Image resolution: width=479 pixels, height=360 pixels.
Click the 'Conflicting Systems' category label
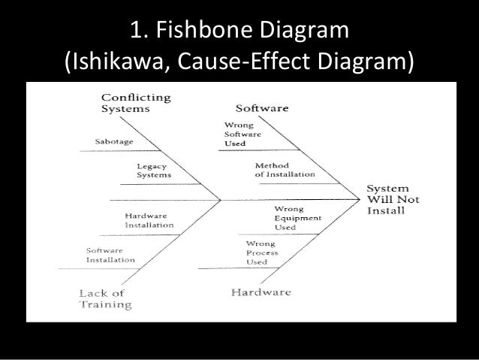[x=135, y=103]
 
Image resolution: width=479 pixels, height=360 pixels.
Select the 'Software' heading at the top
[x=262, y=108]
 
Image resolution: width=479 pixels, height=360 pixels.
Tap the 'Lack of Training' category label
[x=105, y=298]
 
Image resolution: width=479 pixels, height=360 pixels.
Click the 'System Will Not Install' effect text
[x=393, y=198]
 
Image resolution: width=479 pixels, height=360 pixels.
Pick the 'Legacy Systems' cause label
[x=153, y=171]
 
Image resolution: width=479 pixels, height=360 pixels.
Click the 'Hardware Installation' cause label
[x=149, y=220]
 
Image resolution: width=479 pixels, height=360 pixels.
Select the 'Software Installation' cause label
[x=110, y=255]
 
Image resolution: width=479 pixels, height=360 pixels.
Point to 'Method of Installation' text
[x=285, y=170]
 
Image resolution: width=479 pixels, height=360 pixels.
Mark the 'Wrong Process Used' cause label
[x=262, y=253]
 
